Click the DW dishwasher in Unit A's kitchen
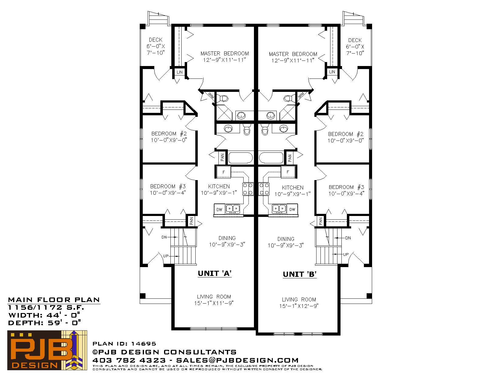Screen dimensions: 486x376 click(219, 209)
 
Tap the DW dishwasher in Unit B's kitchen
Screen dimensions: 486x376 click(292, 209)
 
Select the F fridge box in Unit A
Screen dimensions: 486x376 click(224, 172)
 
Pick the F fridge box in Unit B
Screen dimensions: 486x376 click(288, 172)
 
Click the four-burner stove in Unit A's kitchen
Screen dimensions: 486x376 click(248, 189)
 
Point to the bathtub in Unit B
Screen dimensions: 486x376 click(271, 158)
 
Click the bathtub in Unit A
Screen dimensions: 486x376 click(241, 158)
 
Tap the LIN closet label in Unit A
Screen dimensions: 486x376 click(180, 72)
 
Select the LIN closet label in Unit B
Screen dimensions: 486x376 click(332, 72)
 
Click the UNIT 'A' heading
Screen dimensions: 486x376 click(215, 273)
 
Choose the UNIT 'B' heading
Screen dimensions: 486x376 click(300, 274)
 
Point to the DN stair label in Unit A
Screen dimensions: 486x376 click(164, 237)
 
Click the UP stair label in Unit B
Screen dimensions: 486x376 click(346, 254)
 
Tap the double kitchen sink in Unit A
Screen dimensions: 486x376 click(233, 209)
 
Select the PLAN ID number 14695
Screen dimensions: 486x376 click(143, 343)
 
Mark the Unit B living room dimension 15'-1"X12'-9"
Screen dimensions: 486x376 click(299, 306)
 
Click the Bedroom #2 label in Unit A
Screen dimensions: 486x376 click(169, 134)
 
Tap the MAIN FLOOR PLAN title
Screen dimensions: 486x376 click(54, 300)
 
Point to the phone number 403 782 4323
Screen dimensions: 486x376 click(129, 360)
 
